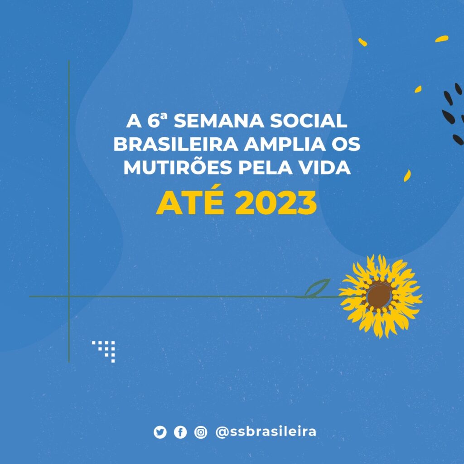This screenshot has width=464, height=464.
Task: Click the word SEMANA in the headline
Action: (x=219, y=121)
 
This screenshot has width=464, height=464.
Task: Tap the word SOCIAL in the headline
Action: (x=308, y=121)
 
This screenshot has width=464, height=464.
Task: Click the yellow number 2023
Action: (x=276, y=203)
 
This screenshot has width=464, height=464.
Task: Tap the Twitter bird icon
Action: (x=160, y=432)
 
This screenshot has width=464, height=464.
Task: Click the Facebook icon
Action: (x=180, y=432)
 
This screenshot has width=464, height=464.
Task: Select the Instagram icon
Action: (x=201, y=432)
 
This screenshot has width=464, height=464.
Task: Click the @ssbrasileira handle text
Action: (x=266, y=432)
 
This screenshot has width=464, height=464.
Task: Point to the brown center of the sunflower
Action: (x=379, y=295)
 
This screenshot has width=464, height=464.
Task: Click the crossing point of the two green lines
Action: (x=69, y=296)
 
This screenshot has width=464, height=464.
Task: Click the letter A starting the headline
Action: (x=134, y=121)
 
